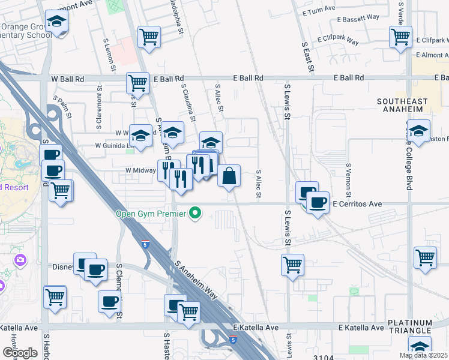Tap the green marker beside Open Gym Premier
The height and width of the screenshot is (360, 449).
coord(194,213)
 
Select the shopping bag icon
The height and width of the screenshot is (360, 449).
coord(229,176)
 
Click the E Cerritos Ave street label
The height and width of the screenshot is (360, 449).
coord(357,204)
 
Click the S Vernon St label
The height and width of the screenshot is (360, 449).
coord(348,180)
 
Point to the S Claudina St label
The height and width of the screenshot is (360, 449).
coord(187,102)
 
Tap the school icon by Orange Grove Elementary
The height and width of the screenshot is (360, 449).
coord(57,22)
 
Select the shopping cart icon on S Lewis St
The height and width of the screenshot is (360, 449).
coord(292,264)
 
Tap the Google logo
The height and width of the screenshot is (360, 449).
coord(20,353)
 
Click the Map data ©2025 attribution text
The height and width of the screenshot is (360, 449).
coord(423,355)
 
